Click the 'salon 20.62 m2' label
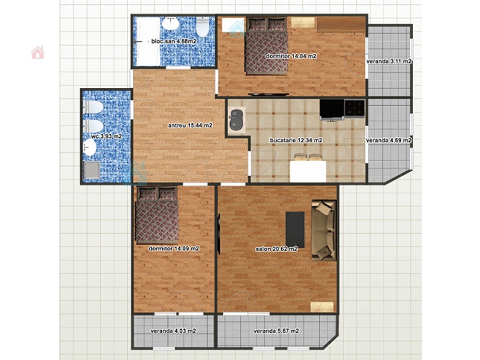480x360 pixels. [276, 249]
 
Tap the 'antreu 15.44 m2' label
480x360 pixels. [190, 125]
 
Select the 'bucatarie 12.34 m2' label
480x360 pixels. [296, 140]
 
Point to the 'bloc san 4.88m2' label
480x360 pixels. [174, 41]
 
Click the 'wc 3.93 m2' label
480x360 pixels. [107, 136]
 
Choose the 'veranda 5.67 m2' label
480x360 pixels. [276, 331]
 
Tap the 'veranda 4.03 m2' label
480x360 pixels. [173, 331]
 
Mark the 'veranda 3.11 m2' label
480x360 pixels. [389, 61]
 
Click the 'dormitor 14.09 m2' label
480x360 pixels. [174, 249]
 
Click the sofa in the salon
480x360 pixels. [324, 230]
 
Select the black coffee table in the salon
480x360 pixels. [295, 229]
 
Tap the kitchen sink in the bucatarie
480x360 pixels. [237, 120]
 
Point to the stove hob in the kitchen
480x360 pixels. [355, 108]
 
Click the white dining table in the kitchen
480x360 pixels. [308, 171]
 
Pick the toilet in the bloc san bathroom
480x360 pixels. [203, 26]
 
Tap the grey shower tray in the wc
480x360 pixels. [91, 170]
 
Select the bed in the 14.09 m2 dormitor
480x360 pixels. [157, 216]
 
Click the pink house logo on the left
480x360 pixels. [37, 52]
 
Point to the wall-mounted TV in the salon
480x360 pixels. [219, 234]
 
